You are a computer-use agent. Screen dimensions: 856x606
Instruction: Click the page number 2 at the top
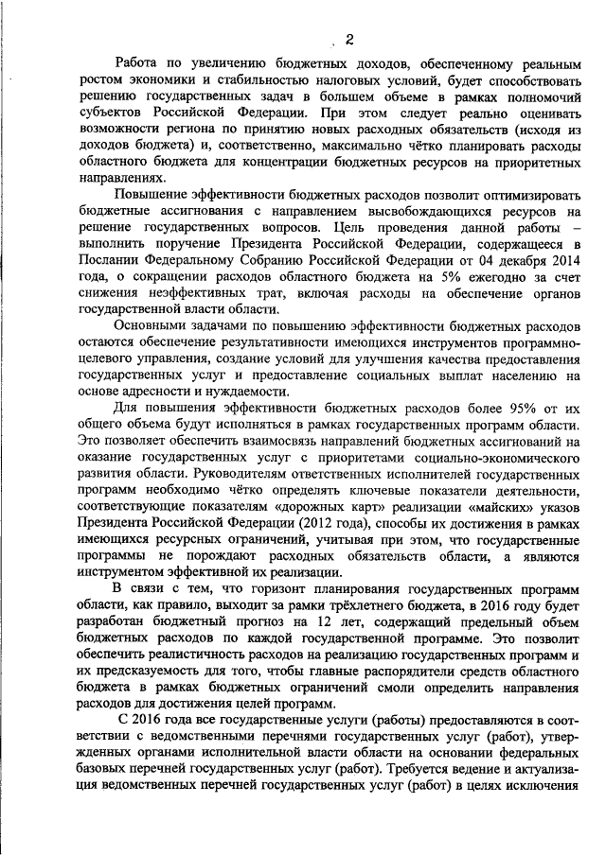[x=349, y=39]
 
